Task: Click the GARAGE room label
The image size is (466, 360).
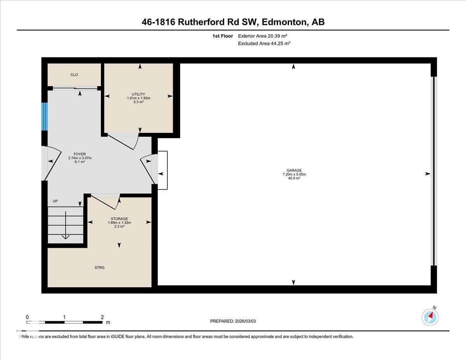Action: (x=294, y=170)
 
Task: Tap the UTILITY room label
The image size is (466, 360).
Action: (x=138, y=94)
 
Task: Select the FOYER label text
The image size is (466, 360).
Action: (x=80, y=154)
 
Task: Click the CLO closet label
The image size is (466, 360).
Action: (x=74, y=75)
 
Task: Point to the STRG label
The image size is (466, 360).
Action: (x=99, y=268)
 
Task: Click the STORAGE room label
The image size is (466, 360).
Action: (x=119, y=219)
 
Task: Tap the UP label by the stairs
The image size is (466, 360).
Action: (x=55, y=201)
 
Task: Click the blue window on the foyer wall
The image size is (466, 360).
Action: (x=45, y=117)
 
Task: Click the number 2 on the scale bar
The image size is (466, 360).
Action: (x=102, y=317)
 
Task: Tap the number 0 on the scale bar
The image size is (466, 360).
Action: (x=27, y=317)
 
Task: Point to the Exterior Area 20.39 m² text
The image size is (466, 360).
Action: (x=263, y=36)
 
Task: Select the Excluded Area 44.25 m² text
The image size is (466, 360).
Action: (x=264, y=43)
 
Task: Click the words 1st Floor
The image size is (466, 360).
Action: (x=223, y=36)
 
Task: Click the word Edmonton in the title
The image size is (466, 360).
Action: (x=283, y=22)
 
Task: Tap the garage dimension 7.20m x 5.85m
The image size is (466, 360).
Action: (x=294, y=174)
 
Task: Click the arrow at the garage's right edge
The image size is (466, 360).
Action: (x=428, y=174)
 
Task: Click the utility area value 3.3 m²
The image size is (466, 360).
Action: (x=138, y=102)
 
